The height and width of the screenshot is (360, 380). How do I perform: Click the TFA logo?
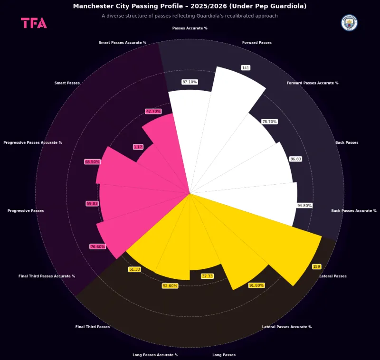[34, 23]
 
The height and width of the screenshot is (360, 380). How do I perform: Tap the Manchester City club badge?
[349, 23]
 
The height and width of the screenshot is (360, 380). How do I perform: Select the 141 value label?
[246, 68]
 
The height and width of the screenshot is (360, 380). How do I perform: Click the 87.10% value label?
[190, 82]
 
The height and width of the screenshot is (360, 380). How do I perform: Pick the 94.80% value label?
[304, 206]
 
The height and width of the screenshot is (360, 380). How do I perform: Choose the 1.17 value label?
[138, 147]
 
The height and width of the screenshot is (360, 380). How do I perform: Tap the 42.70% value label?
[153, 111]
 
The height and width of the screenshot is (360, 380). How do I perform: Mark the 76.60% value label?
[97, 246]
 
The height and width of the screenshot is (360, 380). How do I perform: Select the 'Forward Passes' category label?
[257, 43]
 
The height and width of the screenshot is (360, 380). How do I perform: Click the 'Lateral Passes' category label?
[333, 276]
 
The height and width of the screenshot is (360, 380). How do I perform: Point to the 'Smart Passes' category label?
[67, 83]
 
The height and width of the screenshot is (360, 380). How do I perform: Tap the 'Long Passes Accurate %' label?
[155, 355]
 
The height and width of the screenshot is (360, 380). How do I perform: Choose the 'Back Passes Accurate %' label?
[354, 210]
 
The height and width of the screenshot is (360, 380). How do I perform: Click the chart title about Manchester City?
[190, 6]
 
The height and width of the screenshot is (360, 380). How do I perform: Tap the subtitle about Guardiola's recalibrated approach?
[190, 16]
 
